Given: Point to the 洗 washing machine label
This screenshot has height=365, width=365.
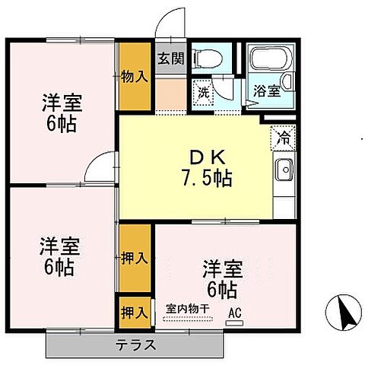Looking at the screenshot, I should (202, 92).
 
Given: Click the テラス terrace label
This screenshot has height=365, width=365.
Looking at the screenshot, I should (136, 344).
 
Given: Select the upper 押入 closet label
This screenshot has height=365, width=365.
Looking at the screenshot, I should (134, 259).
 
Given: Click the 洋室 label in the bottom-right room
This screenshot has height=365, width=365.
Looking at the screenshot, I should (223, 268).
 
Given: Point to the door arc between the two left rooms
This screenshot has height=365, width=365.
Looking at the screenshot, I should (98, 167).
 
